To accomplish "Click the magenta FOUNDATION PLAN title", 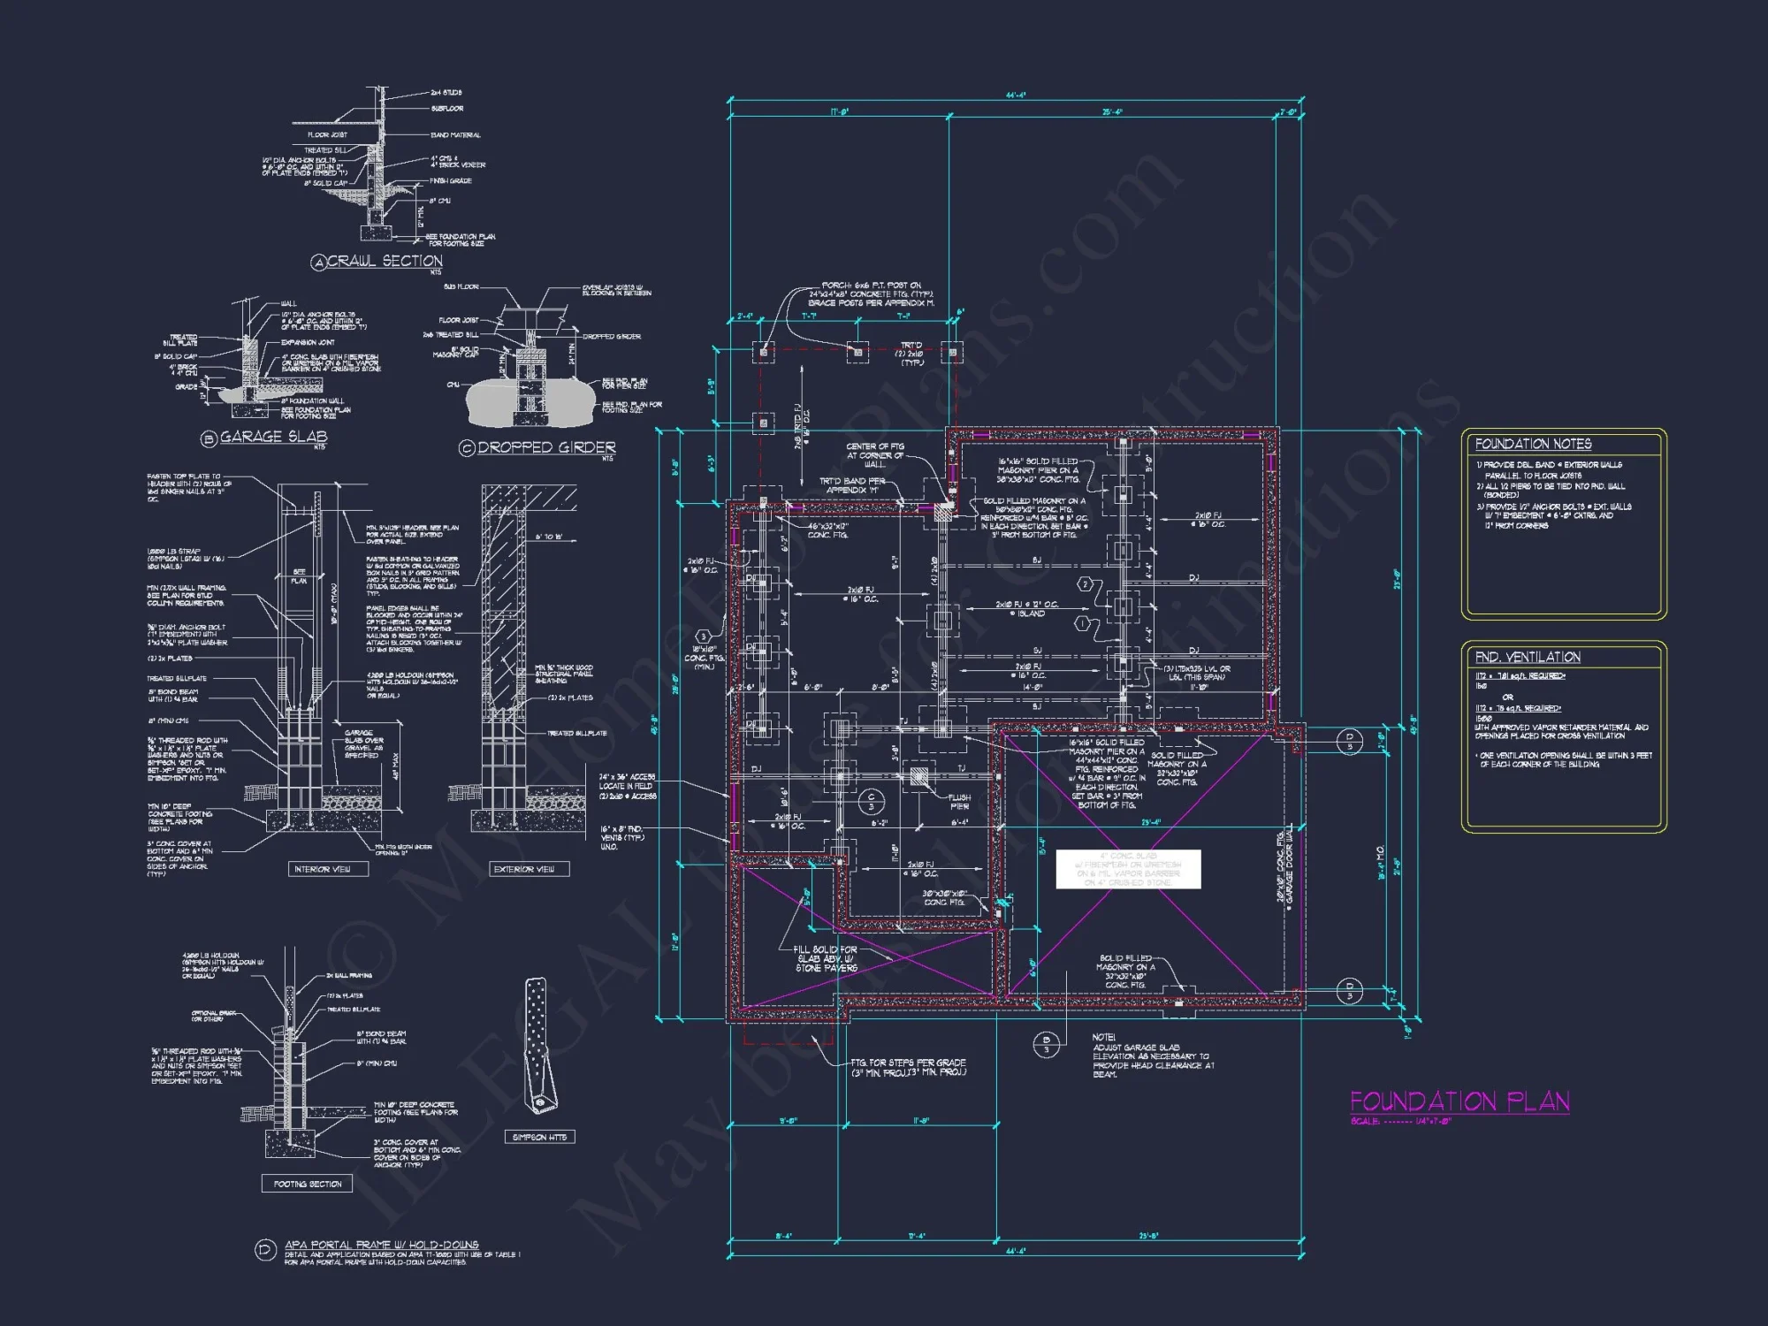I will click(1459, 1101).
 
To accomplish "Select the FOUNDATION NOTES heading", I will click(1533, 444).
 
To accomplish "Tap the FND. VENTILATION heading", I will click(1528, 657).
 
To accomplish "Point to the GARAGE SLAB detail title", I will click(273, 437).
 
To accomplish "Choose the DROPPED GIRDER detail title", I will click(546, 447).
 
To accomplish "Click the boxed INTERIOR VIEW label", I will click(323, 869).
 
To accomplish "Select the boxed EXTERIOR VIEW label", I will click(525, 869).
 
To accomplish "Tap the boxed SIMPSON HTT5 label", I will click(539, 1137).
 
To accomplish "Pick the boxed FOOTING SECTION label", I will click(308, 1184).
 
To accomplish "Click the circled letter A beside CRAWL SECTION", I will click(319, 262).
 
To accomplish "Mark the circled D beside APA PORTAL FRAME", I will click(265, 1249).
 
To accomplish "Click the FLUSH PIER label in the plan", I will click(959, 802).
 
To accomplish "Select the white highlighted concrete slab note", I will click(1128, 869).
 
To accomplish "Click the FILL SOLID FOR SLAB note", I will click(826, 958).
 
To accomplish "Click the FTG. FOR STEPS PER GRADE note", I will click(908, 1067).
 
